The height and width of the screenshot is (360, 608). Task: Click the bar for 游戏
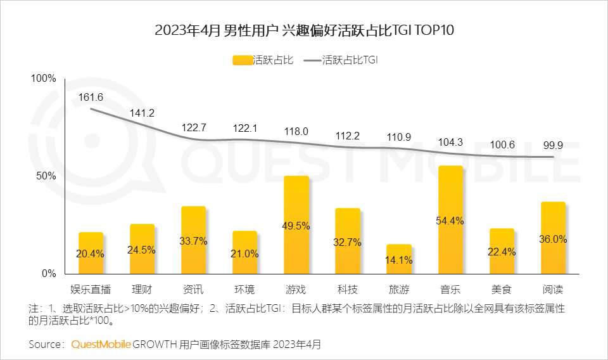tap(296, 225)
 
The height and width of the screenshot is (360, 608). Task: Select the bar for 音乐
tap(450, 220)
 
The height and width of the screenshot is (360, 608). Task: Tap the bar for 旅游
tap(399, 259)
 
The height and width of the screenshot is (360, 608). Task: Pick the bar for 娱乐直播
tap(91, 253)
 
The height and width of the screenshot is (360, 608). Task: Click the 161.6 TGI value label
tap(91, 97)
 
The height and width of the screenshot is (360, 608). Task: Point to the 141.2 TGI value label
tap(142, 113)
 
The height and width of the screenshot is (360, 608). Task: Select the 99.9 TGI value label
tap(553, 145)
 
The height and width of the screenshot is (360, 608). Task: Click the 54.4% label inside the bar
tap(450, 221)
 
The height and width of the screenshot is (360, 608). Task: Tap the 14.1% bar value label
tap(399, 259)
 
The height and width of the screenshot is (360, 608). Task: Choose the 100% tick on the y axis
tap(44, 79)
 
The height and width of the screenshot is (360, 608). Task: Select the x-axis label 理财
tap(142, 290)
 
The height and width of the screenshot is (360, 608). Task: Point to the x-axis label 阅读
tap(553, 290)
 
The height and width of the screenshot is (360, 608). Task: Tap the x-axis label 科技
tap(348, 290)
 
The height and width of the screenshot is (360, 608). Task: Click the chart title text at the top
tap(304, 30)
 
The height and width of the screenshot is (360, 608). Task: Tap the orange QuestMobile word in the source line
tap(101, 344)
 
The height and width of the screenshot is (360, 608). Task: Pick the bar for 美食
tap(502, 251)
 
